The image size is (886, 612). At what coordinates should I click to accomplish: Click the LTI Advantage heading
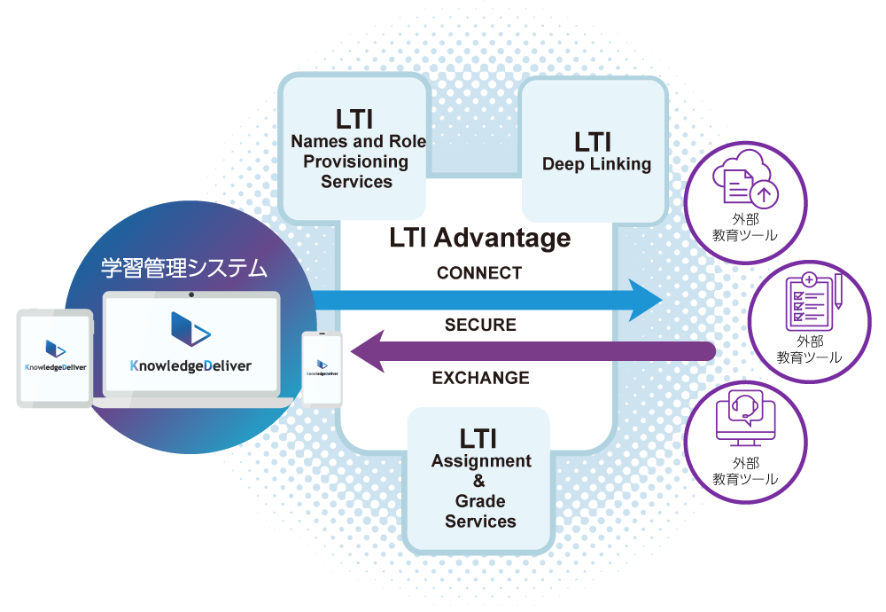[x=479, y=239]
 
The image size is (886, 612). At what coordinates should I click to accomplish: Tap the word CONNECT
[x=479, y=273]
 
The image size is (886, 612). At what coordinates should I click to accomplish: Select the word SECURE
[x=480, y=326]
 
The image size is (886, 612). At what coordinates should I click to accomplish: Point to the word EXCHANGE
[x=480, y=378]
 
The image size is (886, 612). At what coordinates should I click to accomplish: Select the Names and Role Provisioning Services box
[x=356, y=148]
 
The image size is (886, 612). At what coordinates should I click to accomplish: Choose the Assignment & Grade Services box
[x=479, y=479]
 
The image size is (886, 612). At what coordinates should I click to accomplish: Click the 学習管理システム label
[x=184, y=268]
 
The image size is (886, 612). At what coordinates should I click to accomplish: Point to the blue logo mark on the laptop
[x=190, y=330]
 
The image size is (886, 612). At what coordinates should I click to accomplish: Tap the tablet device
[x=54, y=357]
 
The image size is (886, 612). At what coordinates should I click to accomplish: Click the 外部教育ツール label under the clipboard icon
[x=810, y=349]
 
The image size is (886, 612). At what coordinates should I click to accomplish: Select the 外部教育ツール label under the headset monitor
[x=746, y=471]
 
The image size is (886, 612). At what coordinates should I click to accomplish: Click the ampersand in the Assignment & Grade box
[x=479, y=481]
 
